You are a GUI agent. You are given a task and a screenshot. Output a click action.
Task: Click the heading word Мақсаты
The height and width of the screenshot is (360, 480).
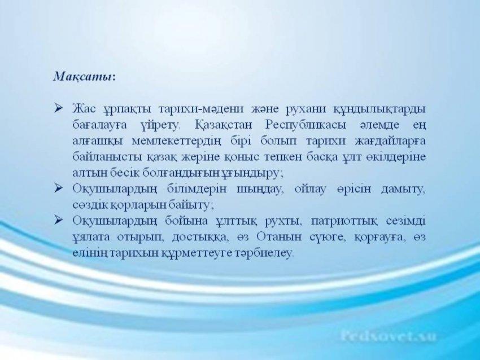[x=82, y=77]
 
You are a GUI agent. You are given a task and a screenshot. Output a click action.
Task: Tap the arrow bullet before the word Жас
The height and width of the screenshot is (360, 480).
[x=58, y=108]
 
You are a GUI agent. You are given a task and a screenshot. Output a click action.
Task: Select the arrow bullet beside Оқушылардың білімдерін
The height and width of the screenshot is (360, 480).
[x=58, y=188]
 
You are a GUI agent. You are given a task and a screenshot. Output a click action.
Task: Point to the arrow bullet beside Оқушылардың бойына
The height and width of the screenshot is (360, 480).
[x=58, y=220]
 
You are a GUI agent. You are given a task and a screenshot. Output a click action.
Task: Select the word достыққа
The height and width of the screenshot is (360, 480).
[x=200, y=238]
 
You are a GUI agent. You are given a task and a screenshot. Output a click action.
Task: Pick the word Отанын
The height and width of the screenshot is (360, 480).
[x=274, y=237]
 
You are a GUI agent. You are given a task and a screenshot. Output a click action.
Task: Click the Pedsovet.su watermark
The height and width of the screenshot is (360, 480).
[x=388, y=336]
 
